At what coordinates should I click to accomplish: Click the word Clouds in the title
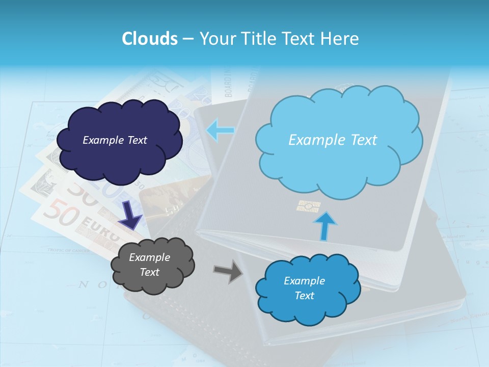149,39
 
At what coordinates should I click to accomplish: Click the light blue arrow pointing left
221,130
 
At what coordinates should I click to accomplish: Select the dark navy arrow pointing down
130,215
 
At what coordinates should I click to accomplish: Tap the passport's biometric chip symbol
309,206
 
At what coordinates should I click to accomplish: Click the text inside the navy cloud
115,140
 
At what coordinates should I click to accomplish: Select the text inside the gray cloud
150,265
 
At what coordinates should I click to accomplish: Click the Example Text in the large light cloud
333,140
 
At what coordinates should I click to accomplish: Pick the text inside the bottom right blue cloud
304,288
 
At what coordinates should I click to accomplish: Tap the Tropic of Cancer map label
68,250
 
